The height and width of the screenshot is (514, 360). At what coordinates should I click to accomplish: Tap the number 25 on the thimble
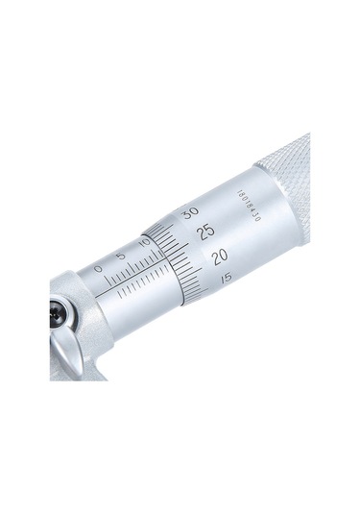204,232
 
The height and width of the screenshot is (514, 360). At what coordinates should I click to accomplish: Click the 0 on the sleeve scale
98,269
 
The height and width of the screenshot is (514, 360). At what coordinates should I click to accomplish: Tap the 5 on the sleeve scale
121,257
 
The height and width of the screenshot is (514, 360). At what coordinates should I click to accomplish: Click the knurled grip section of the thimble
288,192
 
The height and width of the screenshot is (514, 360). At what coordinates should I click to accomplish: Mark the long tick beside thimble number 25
184,241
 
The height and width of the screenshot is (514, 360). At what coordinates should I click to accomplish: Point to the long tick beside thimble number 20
197,266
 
